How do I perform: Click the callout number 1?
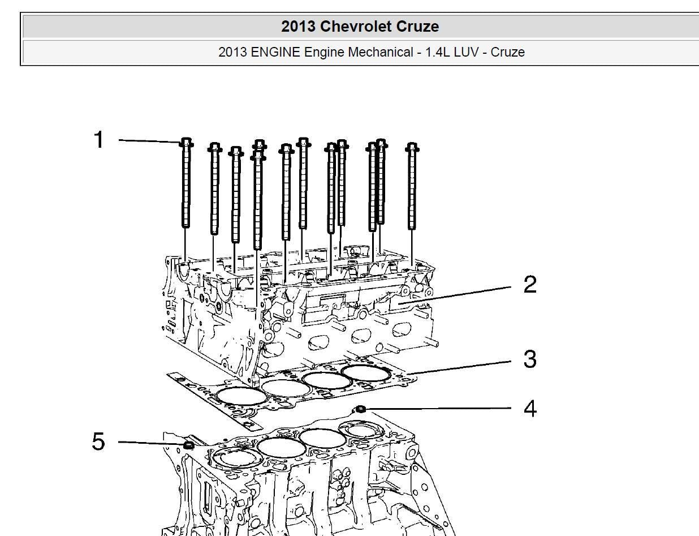pos(99,140)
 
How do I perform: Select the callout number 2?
pos(529,285)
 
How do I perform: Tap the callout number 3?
pos(529,359)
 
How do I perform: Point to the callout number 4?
pos(529,408)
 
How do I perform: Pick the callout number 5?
pos(98,441)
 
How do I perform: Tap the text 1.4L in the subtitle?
pos(433,52)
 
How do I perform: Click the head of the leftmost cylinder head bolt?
pos(186,143)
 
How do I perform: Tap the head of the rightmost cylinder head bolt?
pos(412,148)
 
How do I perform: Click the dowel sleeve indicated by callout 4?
pos(360,409)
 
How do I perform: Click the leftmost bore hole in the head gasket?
pos(243,395)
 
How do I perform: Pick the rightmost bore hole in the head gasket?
pos(365,372)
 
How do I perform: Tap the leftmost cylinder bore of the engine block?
pos(235,456)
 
